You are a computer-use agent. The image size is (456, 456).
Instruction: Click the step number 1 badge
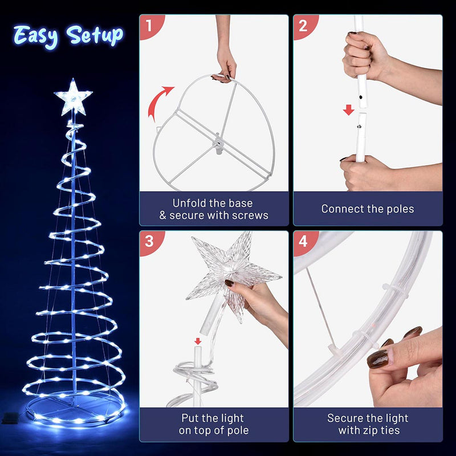point(149,25)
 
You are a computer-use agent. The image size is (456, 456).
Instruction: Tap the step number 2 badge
point(303,25)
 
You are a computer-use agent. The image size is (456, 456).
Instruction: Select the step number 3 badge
point(149,241)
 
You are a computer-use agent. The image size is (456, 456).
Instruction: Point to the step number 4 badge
point(303,241)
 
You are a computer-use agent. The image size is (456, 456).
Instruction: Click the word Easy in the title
point(36,36)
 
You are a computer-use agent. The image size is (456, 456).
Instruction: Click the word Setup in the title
point(94,35)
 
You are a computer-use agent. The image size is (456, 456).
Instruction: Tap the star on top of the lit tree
point(73,97)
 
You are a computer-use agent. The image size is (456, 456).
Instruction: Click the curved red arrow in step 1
point(158,101)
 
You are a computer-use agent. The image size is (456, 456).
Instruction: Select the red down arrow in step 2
point(348,109)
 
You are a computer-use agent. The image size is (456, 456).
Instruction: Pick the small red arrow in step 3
point(197,341)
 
